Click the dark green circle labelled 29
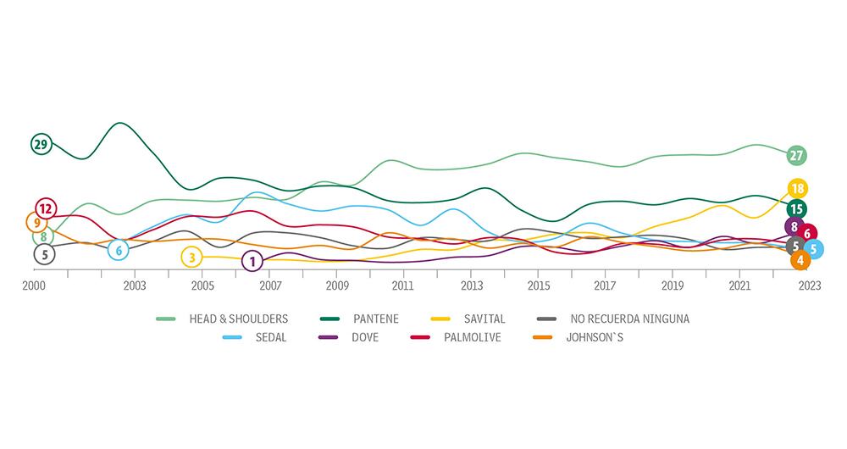[x=41, y=144]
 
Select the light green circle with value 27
[x=796, y=156]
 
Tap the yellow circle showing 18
[x=796, y=188]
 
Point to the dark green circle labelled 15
[x=796, y=209]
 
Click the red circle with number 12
[x=46, y=208]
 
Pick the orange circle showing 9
[x=36, y=223]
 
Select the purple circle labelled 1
[x=252, y=261]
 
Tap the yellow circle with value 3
[x=191, y=258]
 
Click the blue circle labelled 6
[x=119, y=250]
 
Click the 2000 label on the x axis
[x=34, y=286]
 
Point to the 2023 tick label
[x=809, y=286]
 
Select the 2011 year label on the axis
[x=403, y=286]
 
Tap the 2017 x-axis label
[x=606, y=286]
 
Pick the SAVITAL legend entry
[x=484, y=319]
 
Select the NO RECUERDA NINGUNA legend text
[x=629, y=319]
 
